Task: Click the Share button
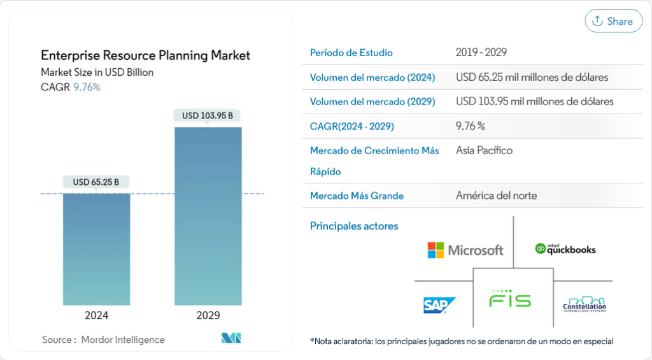tap(613, 21)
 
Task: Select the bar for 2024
tap(97, 248)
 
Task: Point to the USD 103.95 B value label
tap(208, 116)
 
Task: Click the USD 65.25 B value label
tap(96, 182)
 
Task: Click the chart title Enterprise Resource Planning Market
tap(145, 55)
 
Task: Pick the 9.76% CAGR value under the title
tap(87, 87)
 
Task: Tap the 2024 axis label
tap(97, 315)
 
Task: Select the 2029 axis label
tap(208, 315)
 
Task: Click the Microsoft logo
tap(465, 250)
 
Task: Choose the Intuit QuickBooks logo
tap(565, 249)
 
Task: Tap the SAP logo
tap(439, 305)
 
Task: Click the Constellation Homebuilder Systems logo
tap(585, 305)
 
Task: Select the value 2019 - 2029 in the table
tap(481, 53)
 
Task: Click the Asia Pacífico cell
tap(484, 150)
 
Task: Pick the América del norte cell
tap(496, 196)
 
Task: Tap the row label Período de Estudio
tap(351, 53)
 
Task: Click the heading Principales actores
tap(354, 226)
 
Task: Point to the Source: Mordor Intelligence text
tap(103, 340)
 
